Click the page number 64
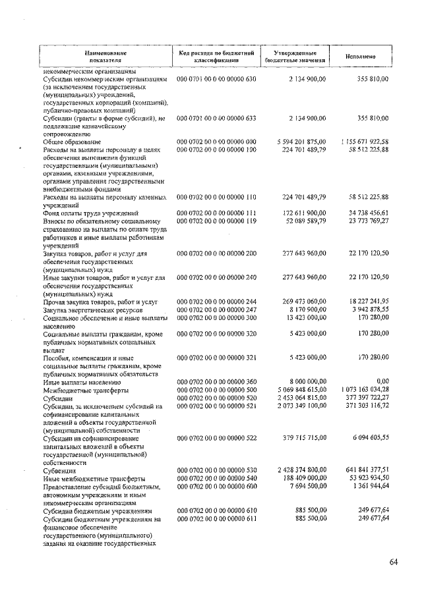pyautogui.click(x=394, y=561)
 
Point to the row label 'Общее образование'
pyautogui.click(x=72, y=142)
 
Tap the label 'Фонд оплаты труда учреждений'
pyautogui.click(x=90, y=213)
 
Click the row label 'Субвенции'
pyautogui.click(x=59, y=470)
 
